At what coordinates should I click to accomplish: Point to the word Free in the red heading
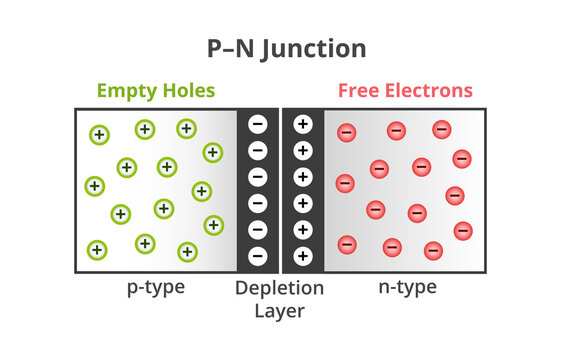[x=359, y=91]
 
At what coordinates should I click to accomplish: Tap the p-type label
[x=155, y=288]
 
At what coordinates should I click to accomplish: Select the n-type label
[x=407, y=288]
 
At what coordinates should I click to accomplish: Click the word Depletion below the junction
[x=280, y=288]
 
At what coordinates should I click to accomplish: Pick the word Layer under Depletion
[x=280, y=310]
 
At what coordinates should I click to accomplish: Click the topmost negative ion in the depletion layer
[x=258, y=125]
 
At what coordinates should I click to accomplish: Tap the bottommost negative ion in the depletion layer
[x=258, y=255]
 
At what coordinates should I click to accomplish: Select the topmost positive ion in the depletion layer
[x=303, y=125]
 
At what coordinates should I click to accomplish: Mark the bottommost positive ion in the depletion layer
[x=303, y=255]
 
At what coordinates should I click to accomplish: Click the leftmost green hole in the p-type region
[x=95, y=186]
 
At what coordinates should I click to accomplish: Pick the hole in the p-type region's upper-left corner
[x=99, y=134]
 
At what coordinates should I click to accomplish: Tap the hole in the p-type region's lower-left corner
[x=97, y=249]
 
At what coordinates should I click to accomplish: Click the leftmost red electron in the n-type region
[x=345, y=183]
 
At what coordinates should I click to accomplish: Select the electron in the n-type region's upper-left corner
[x=347, y=132]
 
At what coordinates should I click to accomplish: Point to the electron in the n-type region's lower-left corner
[x=347, y=243]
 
